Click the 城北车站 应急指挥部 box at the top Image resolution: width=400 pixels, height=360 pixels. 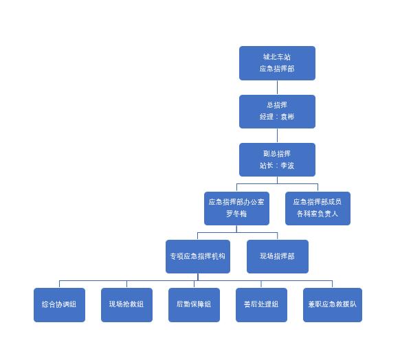277,63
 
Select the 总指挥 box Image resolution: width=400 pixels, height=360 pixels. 277,111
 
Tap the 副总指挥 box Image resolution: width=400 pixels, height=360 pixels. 277,159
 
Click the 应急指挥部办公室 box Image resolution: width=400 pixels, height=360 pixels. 236,208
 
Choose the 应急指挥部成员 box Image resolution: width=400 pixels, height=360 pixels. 318,208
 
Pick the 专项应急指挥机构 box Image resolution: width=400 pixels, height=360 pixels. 198,256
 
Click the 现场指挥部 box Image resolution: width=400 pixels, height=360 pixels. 278,256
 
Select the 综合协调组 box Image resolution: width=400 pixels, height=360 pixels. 59,305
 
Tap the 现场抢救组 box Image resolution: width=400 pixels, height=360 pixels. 126,305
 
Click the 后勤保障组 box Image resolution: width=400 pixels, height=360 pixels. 194,305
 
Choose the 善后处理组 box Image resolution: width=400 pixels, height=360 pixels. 261,305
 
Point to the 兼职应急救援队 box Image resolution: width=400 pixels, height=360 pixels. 333,305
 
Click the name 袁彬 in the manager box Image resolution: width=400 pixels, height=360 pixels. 287,117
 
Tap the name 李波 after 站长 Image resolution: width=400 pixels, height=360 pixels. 287,166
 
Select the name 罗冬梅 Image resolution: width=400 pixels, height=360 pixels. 236,214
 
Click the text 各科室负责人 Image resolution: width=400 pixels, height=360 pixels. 318,214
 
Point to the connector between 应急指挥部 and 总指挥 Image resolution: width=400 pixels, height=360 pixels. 277,87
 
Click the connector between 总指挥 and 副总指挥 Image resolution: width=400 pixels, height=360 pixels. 277,135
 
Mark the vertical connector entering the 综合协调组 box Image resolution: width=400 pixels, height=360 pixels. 59,284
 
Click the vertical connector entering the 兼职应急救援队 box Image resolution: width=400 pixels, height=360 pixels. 333,284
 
